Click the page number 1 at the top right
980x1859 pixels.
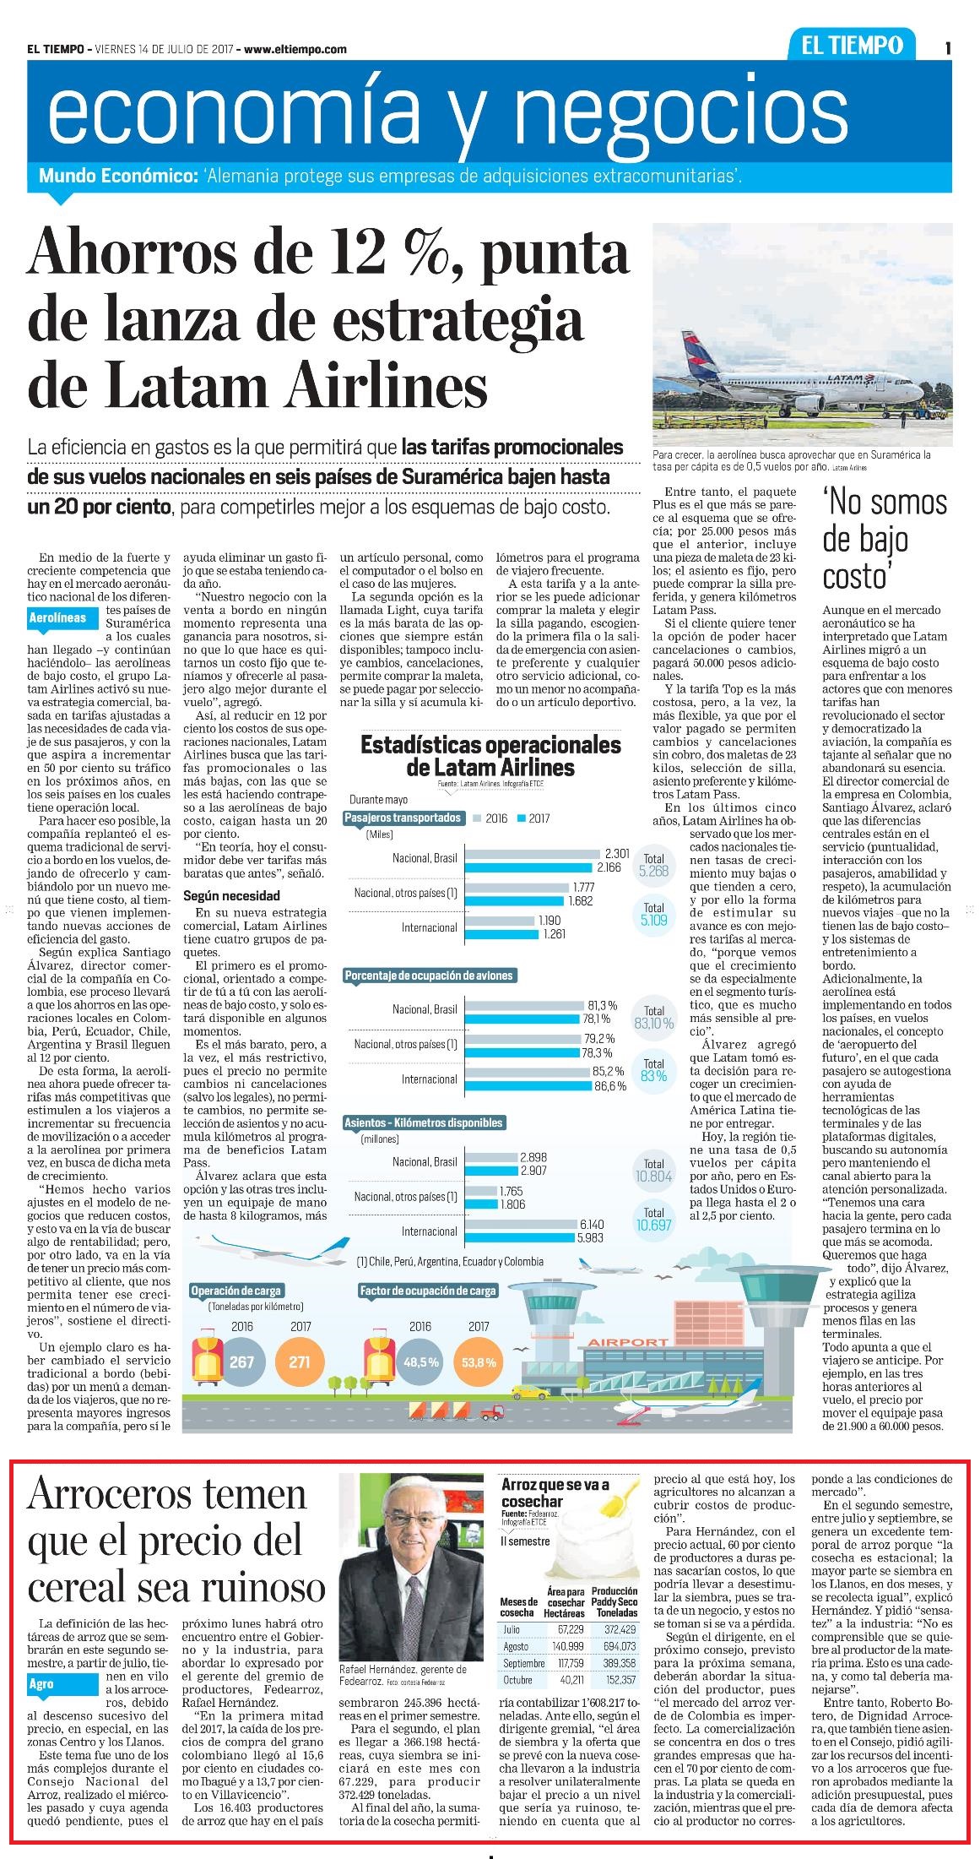coord(949,49)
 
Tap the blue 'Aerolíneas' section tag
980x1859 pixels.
coord(58,617)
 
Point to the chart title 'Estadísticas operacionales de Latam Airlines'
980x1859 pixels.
coord(490,756)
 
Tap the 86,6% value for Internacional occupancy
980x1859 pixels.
coord(609,1086)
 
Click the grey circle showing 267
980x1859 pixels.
coord(241,1362)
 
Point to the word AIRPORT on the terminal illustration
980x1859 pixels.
coord(628,1342)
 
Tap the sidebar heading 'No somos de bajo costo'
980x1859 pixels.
coord(885,539)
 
